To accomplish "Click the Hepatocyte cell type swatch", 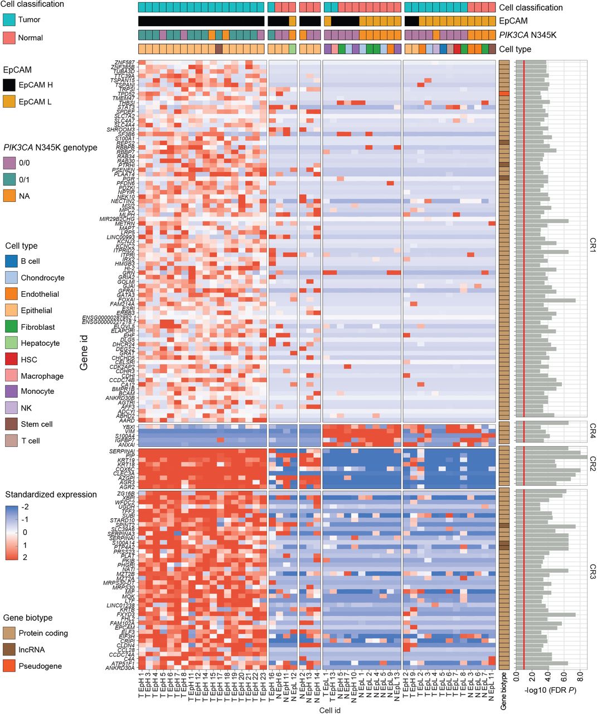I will pyautogui.click(x=12, y=343).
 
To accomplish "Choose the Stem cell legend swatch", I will pyautogui.click(x=12, y=424).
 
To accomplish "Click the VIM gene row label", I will pyautogui.click(x=129, y=432).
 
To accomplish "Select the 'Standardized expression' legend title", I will pyautogui.click(x=51, y=495).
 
